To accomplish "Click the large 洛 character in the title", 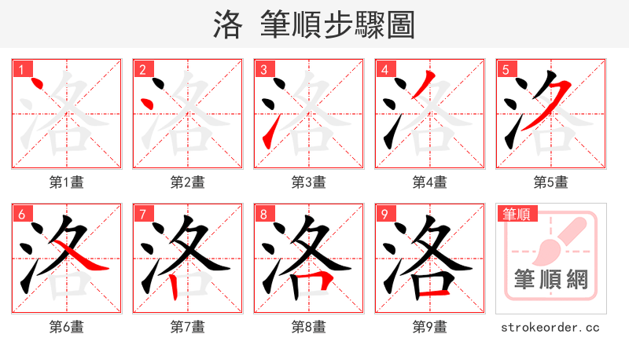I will (227, 25).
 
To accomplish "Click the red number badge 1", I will (21, 70).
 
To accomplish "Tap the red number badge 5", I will (506, 70).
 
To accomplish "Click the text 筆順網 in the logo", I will (551, 280).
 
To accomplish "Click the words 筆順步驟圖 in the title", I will (338, 25).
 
